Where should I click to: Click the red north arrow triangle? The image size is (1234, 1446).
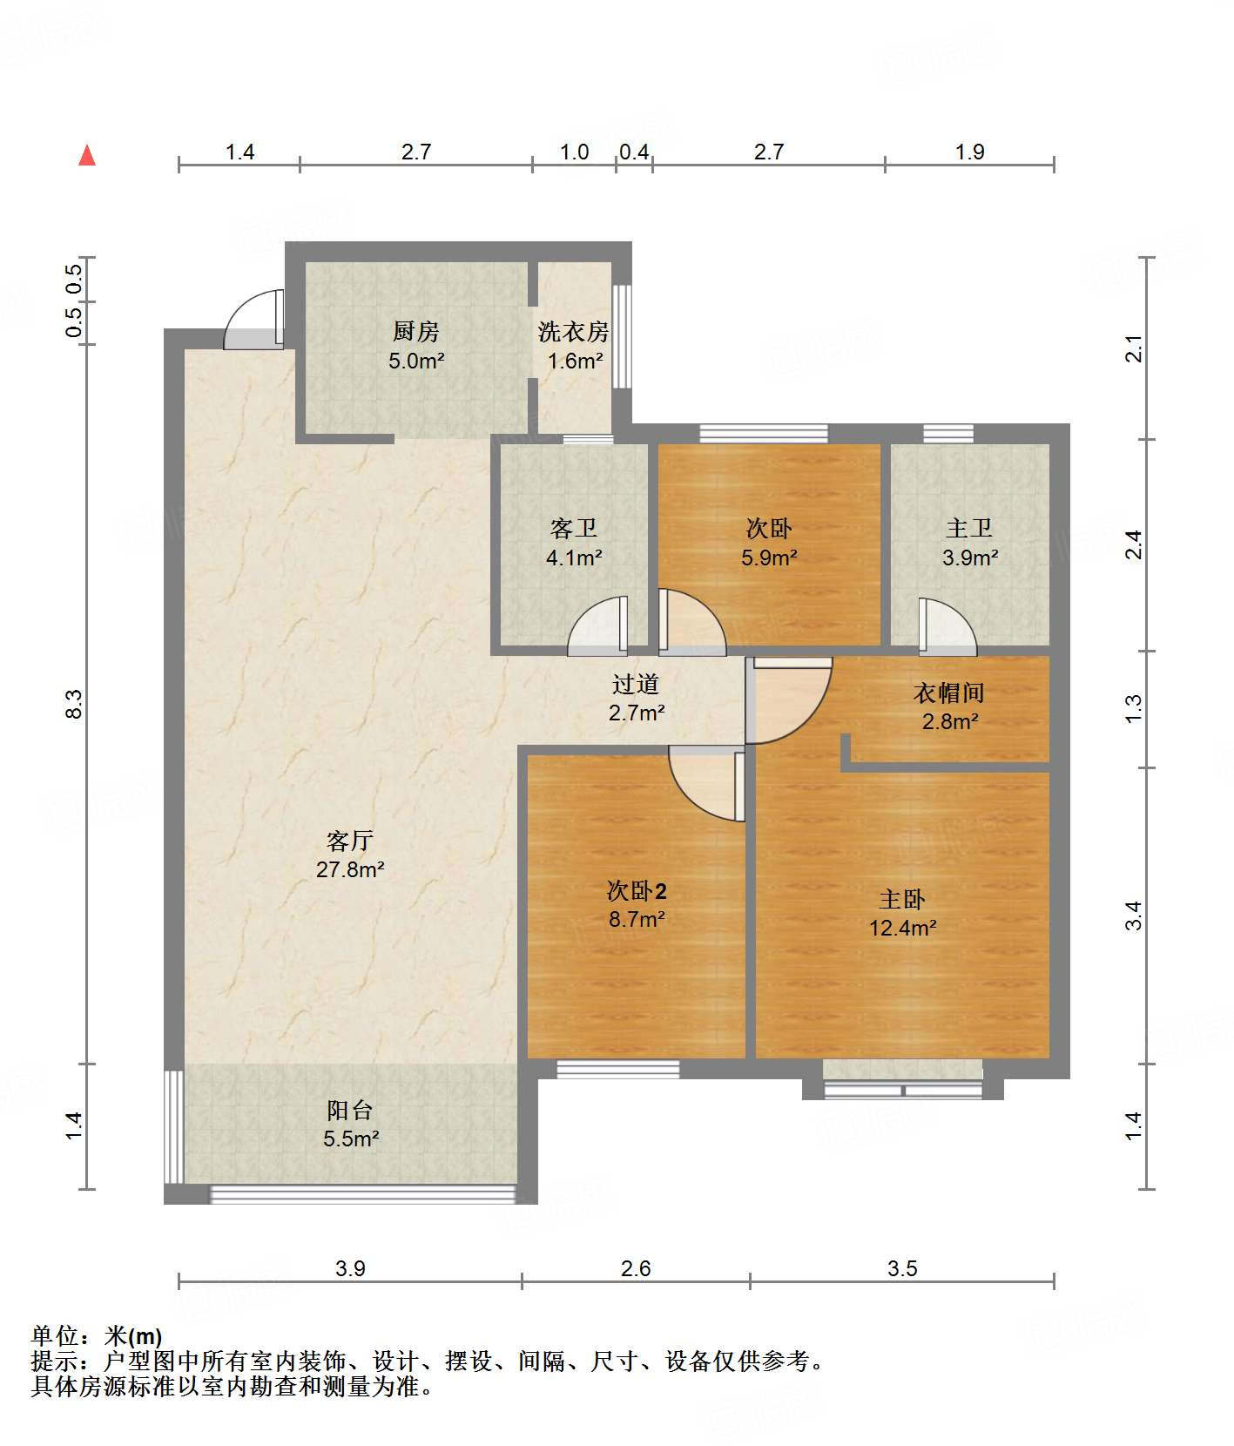click(87, 155)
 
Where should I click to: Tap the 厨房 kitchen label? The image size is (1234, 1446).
click(416, 332)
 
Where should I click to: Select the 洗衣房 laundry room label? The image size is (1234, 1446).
click(573, 332)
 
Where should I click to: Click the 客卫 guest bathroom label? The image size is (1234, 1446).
click(574, 529)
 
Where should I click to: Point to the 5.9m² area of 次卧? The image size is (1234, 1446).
click(769, 557)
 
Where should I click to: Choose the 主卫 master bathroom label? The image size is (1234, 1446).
click(969, 529)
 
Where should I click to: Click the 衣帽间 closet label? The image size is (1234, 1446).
click(949, 693)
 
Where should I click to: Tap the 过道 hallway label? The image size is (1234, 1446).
click(636, 685)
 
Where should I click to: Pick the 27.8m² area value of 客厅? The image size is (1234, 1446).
click(350, 869)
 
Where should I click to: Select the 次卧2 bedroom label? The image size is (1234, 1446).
click(637, 891)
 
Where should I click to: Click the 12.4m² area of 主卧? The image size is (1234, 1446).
click(903, 928)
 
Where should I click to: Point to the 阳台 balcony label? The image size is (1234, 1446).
click(350, 1111)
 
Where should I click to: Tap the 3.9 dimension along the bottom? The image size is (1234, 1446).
click(350, 1269)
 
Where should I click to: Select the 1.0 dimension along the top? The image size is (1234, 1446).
click(574, 152)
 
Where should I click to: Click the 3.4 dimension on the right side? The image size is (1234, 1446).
click(1133, 916)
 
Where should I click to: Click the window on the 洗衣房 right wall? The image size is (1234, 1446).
click(621, 335)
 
